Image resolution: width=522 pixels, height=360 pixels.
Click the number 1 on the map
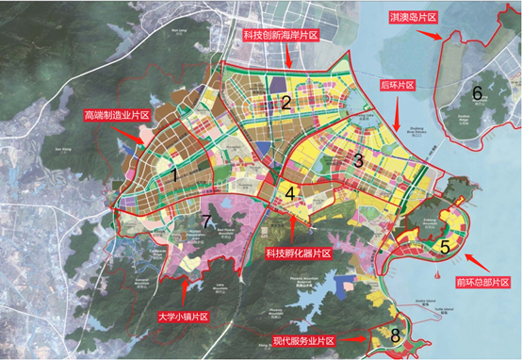pyautogui.click(x=175, y=174)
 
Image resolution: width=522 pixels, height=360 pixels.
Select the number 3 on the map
pyautogui.click(x=359, y=159)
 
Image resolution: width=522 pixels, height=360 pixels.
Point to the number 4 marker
pyautogui.click(x=292, y=194)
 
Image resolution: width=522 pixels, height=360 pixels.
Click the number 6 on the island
pyautogui.click(x=477, y=92)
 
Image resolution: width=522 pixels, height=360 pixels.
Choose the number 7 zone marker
pyautogui.click(x=205, y=221)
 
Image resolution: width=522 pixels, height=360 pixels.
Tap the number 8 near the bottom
pyautogui.click(x=396, y=335)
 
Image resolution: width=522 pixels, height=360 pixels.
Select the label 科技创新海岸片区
pyautogui.click(x=282, y=35)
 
